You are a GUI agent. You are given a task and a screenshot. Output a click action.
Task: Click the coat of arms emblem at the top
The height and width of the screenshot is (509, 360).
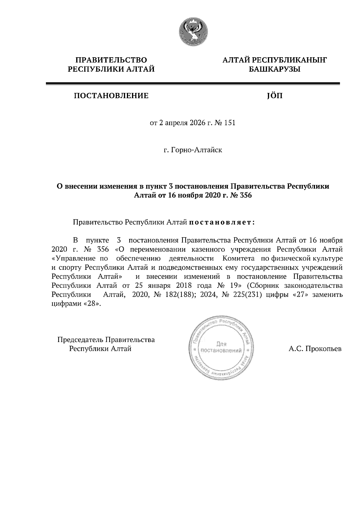[193, 32]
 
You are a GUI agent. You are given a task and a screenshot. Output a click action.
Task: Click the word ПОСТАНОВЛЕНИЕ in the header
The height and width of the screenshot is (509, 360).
[111, 96]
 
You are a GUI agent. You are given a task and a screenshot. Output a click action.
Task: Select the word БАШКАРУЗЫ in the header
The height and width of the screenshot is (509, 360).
[274, 70]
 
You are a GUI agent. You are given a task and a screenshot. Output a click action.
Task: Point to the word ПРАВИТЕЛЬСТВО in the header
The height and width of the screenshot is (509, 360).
[111, 60]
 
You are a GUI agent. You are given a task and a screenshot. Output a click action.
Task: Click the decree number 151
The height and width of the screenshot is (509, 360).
[229, 123]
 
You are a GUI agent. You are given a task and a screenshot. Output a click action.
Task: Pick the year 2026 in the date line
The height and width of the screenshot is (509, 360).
[195, 123]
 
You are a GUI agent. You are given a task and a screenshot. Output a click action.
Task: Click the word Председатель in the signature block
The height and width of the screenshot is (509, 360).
[80, 340]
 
